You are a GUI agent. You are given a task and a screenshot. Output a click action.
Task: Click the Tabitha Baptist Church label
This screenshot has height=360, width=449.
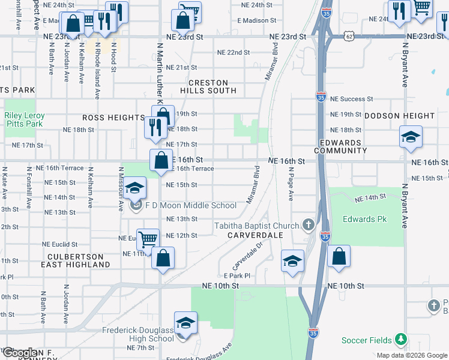click(x=257, y=226)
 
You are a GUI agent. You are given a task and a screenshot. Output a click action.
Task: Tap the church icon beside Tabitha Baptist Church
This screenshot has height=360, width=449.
click(x=309, y=225)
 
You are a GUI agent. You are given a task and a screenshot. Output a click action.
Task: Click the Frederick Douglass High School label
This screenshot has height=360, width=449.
click(x=137, y=334)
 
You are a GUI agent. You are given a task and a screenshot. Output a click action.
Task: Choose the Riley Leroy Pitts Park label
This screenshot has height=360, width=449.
click(x=24, y=119)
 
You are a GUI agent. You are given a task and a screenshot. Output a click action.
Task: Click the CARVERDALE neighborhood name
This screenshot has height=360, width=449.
click(x=255, y=235)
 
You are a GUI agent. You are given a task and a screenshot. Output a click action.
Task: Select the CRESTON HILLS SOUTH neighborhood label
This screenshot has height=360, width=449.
click(x=208, y=86)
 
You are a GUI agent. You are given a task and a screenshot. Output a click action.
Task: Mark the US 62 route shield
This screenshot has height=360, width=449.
click(x=349, y=36)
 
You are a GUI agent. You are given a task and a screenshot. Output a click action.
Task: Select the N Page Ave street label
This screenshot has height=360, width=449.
click(x=290, y=184)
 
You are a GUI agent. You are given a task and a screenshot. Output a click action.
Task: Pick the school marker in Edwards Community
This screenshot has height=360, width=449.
click(x=411, y=137)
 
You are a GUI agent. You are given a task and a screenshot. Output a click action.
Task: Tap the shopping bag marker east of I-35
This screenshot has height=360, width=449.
click(x=339, y=256)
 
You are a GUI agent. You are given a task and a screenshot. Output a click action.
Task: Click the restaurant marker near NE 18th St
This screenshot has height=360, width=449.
click(x=155, y=127)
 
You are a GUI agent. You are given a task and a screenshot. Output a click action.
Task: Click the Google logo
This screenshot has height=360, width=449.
click(x=20, y=353)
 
